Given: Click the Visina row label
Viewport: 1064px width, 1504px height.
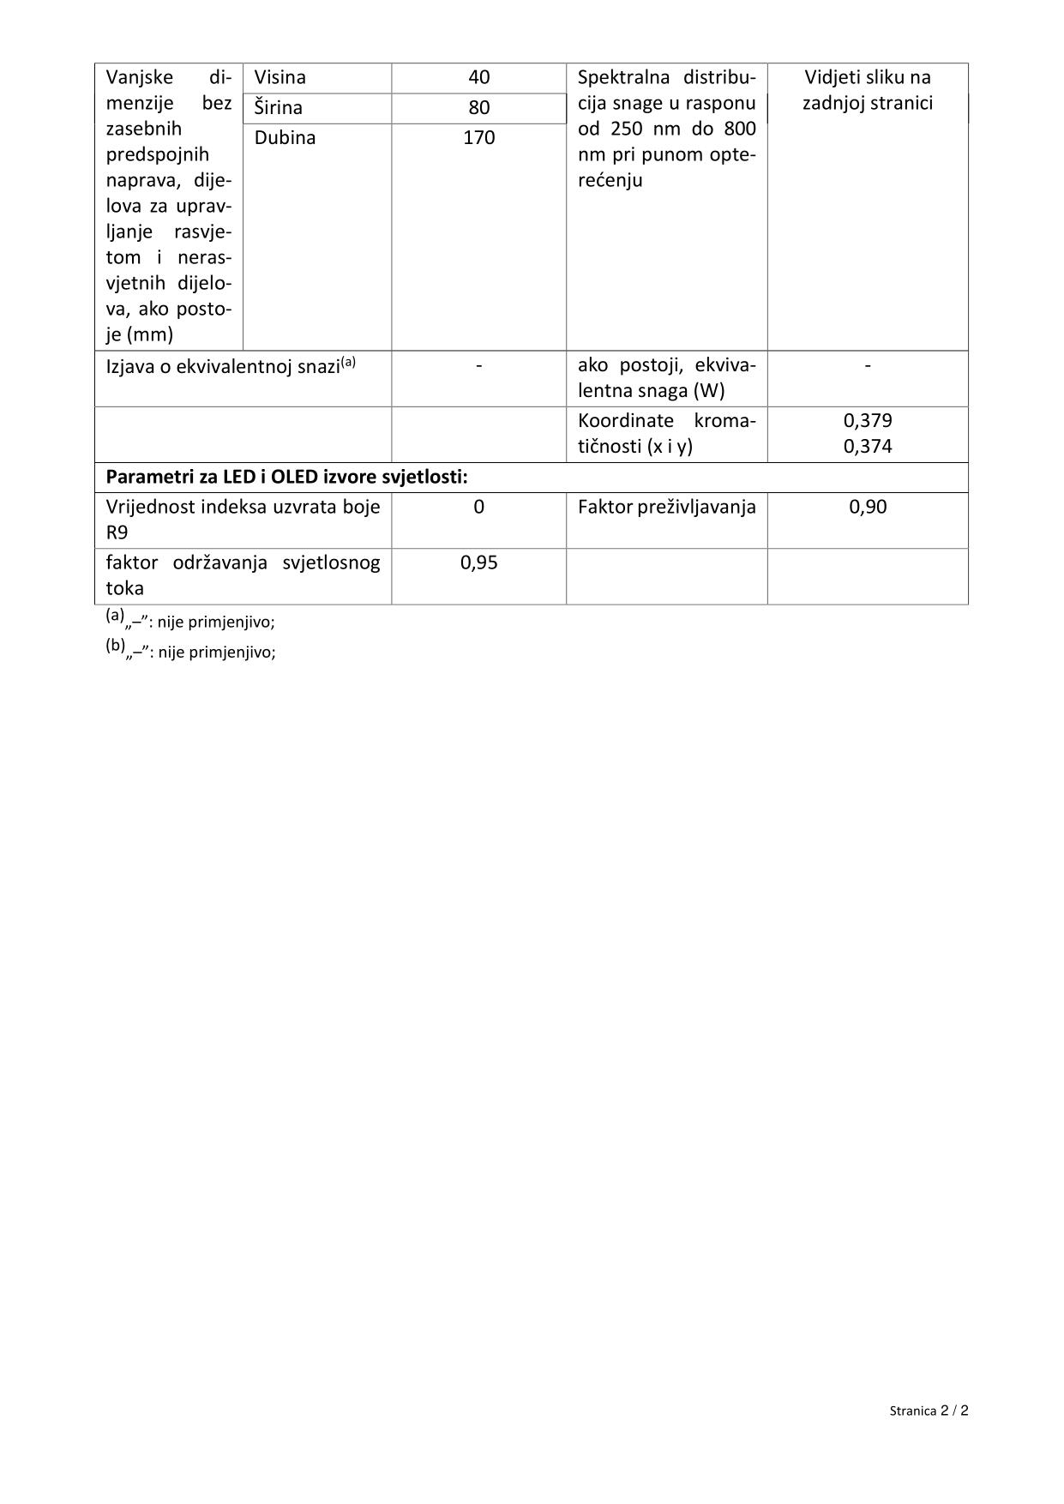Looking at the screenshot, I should (280, 77).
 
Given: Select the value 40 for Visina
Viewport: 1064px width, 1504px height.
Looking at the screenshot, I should (478, 77).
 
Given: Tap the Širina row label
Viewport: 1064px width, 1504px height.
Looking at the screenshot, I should (278, 108).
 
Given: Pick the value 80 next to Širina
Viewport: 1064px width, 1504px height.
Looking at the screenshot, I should (478, 108).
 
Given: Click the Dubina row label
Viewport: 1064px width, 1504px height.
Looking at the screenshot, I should (285, 138).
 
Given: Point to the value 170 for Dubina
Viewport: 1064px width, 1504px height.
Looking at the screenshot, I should (478, 138).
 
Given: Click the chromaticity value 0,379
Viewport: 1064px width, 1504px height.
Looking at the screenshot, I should (868, 421).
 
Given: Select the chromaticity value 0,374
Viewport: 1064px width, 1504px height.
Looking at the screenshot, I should (868, 446).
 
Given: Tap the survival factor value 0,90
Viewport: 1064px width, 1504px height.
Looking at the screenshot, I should (868, 507).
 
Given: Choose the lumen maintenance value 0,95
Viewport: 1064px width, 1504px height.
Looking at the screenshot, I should (478, 562).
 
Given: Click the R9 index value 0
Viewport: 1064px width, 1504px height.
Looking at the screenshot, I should (478, 507).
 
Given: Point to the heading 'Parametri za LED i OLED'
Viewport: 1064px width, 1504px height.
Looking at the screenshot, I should (286, 477).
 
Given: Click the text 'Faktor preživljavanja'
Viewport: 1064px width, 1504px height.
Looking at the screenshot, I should (666, 507).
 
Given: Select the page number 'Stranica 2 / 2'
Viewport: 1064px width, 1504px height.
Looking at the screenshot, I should (929, 1411).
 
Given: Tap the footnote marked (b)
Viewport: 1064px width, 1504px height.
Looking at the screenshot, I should (190, 651).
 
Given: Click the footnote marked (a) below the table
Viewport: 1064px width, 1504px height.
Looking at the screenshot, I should (190, 621).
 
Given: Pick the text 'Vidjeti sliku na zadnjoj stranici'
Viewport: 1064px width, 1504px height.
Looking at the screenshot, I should (867, 90).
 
